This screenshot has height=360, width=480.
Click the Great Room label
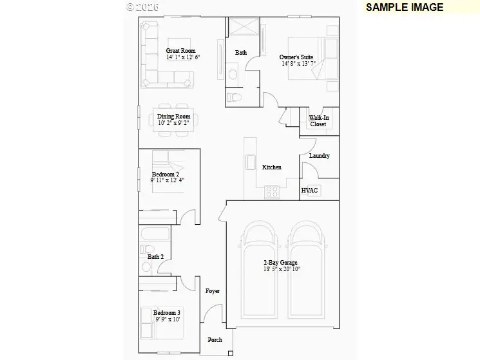[x=181, y=51]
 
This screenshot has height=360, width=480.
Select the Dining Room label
[x=174, y=117]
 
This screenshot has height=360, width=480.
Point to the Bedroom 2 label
[x=166, y=175]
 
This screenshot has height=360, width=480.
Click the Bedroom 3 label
[x=167, y=313]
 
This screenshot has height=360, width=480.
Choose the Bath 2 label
[x=156, y=256]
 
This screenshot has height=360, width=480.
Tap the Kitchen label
[x=271, y=167]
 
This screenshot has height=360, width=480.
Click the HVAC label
[x=310, y=191]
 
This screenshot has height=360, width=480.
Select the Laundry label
[x=319, y=156]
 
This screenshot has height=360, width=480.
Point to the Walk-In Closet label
[x=318, y=121]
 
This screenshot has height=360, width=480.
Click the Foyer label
[x=213, y=291]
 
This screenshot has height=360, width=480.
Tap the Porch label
[x=215, y=340]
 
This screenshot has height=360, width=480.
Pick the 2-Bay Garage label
[x=280, y=262]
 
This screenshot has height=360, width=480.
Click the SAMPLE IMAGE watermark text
[x=405, y=8]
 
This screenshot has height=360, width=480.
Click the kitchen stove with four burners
[x=271, y=191]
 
